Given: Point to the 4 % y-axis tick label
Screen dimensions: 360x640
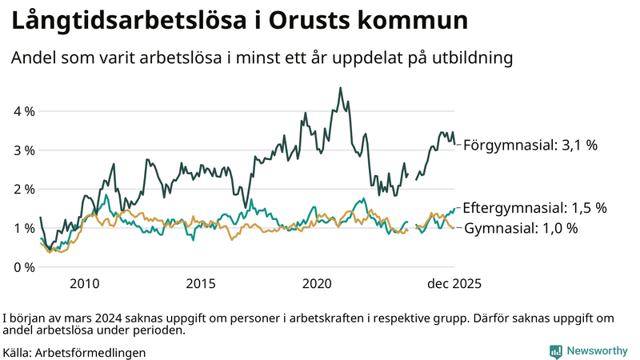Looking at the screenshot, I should (24, 111).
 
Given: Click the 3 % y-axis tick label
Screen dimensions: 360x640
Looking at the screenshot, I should (24, 150).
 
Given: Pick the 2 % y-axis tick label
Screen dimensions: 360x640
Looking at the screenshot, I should (24, 189).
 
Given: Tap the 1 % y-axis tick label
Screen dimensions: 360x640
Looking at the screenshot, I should (24, 228).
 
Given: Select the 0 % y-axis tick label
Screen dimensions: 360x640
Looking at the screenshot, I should (24, 266).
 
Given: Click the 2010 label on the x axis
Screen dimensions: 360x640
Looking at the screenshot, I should (84, 284).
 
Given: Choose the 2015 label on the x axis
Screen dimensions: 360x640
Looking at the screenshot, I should (201, 284).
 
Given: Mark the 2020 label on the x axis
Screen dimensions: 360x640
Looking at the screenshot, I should (318, 284).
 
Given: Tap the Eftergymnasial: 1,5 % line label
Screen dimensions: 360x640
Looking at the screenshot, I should (534, 207).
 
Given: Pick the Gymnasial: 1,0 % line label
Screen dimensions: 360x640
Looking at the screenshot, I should (521, 229).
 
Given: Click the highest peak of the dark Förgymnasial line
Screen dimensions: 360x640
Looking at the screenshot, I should (341, 88).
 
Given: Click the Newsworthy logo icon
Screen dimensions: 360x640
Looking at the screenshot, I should (555, 351).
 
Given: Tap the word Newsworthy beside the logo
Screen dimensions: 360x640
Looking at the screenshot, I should (597, 351).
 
